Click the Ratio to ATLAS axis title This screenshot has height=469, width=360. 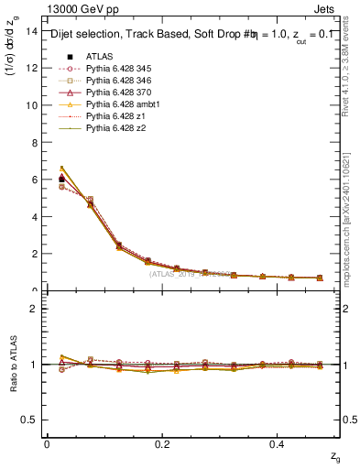pos(14,364)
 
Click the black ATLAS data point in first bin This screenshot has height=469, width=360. pos(61,179)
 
